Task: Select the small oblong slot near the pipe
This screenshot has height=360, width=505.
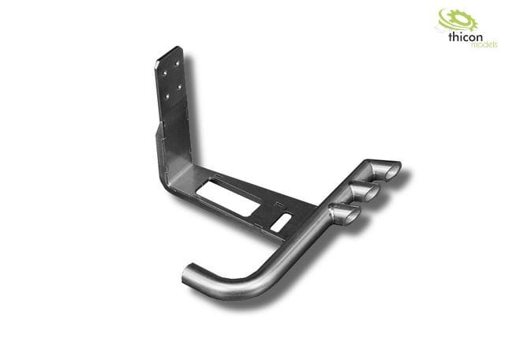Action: [x=281, y=222]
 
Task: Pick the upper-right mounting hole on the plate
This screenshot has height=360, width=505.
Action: [x=179, y=63]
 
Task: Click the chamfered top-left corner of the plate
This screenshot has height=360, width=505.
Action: [x=157, y=60]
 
